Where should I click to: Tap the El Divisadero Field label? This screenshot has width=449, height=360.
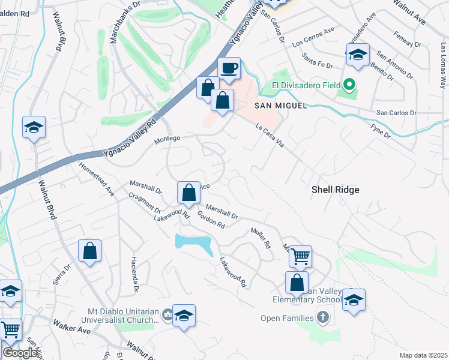click(x=307, y=85)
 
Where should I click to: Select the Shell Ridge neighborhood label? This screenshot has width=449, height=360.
click(x=335, y=190)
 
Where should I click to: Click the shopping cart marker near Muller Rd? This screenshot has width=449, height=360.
click(x=300, y=256)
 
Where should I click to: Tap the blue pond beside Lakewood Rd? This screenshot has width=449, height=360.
click(x=193, y=243)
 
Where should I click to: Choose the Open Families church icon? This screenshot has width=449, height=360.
click(x=323, y=317)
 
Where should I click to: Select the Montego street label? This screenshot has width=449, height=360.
click(x=167, y=138)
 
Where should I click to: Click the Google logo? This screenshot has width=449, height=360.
click(x=20, y=353)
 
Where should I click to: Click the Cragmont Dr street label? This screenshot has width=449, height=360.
click(x=145, y=203)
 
